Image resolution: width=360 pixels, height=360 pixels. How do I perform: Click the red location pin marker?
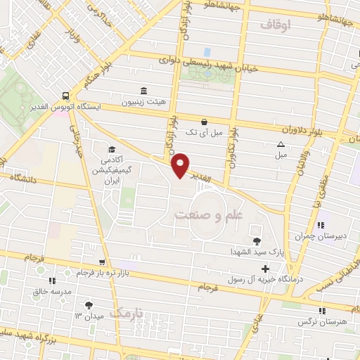click(x=181, y=165)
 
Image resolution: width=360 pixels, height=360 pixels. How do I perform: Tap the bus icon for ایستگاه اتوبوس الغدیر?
click(x=65, y=95)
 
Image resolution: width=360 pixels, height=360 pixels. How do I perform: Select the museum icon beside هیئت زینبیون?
click(x=144, y=91)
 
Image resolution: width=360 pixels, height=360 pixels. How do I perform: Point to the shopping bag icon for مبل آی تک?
click(x=204, y=121)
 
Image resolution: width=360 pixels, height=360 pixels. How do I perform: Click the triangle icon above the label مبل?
click(x=281, y=144)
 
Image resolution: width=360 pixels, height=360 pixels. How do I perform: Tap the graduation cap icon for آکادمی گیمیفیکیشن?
click(x=112, y=148)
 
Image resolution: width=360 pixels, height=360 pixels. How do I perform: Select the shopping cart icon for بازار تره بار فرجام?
click(x=103, y=262)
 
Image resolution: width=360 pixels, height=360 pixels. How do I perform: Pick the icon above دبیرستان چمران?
click(x=321, y=226)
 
